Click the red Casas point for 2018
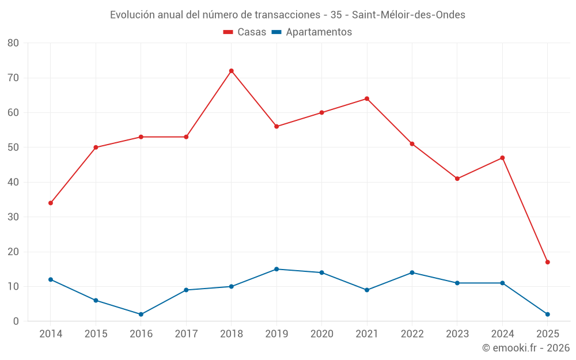tap(231, 71)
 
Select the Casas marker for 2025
tap(547, 262)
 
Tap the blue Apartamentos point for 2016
tap(141, 314)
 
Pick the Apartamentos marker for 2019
tap(276, 269)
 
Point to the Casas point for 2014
tap(51, 203)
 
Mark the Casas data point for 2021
tap(366, 98)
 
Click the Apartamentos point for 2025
tap(547, 314)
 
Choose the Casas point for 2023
tap(457, 179)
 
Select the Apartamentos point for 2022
tap(412, 272)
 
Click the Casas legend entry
tap(245, 32)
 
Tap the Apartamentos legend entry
tap(311, 32)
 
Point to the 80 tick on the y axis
tap(13, 43)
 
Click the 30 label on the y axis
tap(13, 217)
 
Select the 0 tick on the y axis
tap(16, 321)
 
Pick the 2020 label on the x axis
tap(321, 334)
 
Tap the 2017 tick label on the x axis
tap(186, 334)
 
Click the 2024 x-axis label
tap(502, 334)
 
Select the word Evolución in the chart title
tap(132, 15)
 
